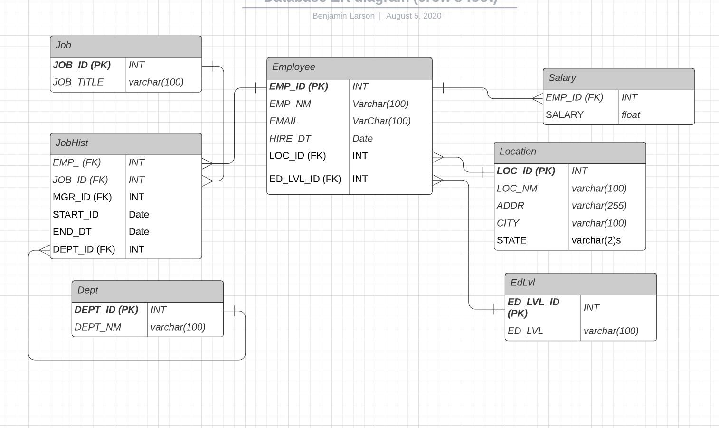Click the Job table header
tap(126, 46)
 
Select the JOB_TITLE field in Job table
tap(78, 82)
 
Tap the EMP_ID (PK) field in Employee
tap(298, 86)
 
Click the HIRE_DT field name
tap(290, 139)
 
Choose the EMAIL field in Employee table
tap(284, 121)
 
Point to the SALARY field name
tap(564, 115)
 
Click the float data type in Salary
tap(631, 115)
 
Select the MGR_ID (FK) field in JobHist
tap(82, 197)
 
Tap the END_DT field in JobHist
tap(72, 232)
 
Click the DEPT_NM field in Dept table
tap(98, 327)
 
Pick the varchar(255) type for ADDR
tap(599, 206)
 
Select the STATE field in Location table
tap(511, 240)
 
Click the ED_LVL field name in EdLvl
tap(525, 331)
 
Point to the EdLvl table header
tap(580, 283)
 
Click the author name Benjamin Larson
tap(343, 16)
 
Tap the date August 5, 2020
tap(414, 16)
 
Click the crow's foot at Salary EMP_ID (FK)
tap(538, 98)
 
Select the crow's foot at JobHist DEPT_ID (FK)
tap(45, 250)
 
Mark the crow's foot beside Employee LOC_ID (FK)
tap(437, 157)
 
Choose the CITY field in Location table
tap(508, 223)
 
